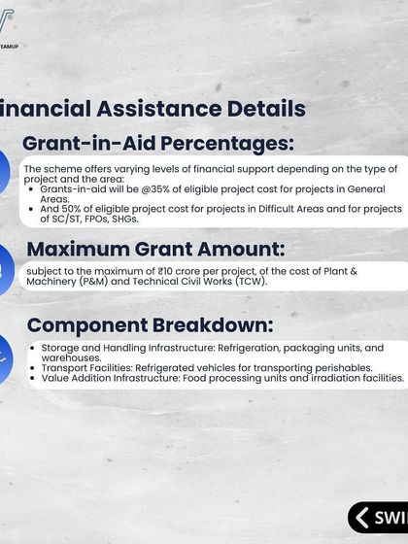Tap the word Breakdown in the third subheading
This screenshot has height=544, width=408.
coord(214,324)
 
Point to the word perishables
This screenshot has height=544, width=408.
coord(337,367)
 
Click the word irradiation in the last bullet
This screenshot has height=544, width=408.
coord(316,378)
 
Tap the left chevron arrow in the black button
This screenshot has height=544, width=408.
coord(363,518)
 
